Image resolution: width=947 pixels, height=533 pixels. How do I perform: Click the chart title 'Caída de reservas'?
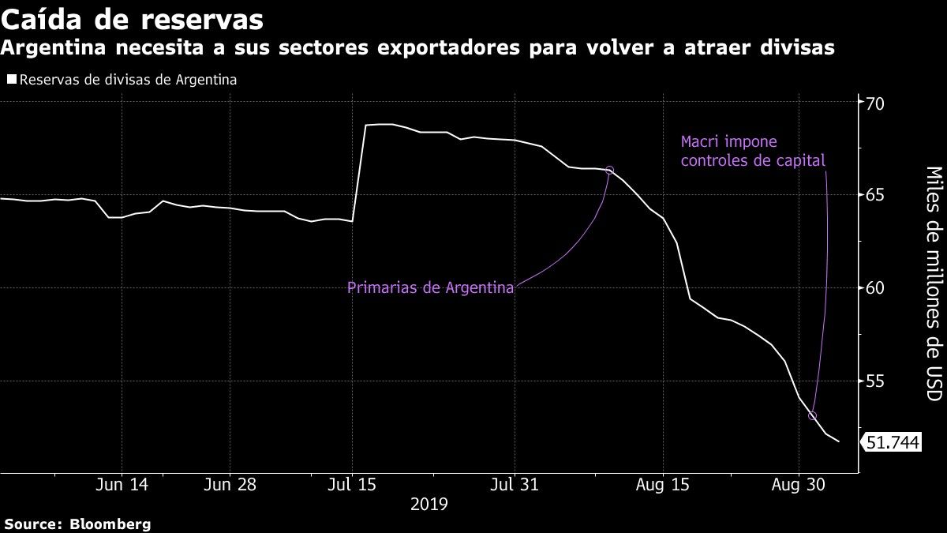(132, 17)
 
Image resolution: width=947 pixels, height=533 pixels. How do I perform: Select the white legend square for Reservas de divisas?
(11, 80)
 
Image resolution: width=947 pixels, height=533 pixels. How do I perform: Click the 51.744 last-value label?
(893, 443)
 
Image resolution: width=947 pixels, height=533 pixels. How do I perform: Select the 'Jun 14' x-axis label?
(122, 485)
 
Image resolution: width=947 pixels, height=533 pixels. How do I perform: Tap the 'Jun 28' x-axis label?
(230, 485)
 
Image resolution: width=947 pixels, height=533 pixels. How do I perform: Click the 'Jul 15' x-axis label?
(352, 485)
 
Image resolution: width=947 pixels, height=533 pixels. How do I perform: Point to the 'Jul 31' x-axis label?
(515, 485)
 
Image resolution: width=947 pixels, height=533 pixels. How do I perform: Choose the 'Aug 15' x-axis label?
(663, 485)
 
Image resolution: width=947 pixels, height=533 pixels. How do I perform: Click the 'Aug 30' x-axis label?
(798, 485)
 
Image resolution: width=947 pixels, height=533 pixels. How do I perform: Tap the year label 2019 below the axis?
(429, 503)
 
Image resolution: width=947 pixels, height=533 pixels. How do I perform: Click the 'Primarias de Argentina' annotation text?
(431, 287)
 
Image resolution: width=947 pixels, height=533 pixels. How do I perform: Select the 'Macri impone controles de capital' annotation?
(752, 152)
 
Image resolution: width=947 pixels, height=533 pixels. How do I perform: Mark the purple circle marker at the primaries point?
(609, 171)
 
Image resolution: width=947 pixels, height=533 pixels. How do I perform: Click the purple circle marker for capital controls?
(812, 416)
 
